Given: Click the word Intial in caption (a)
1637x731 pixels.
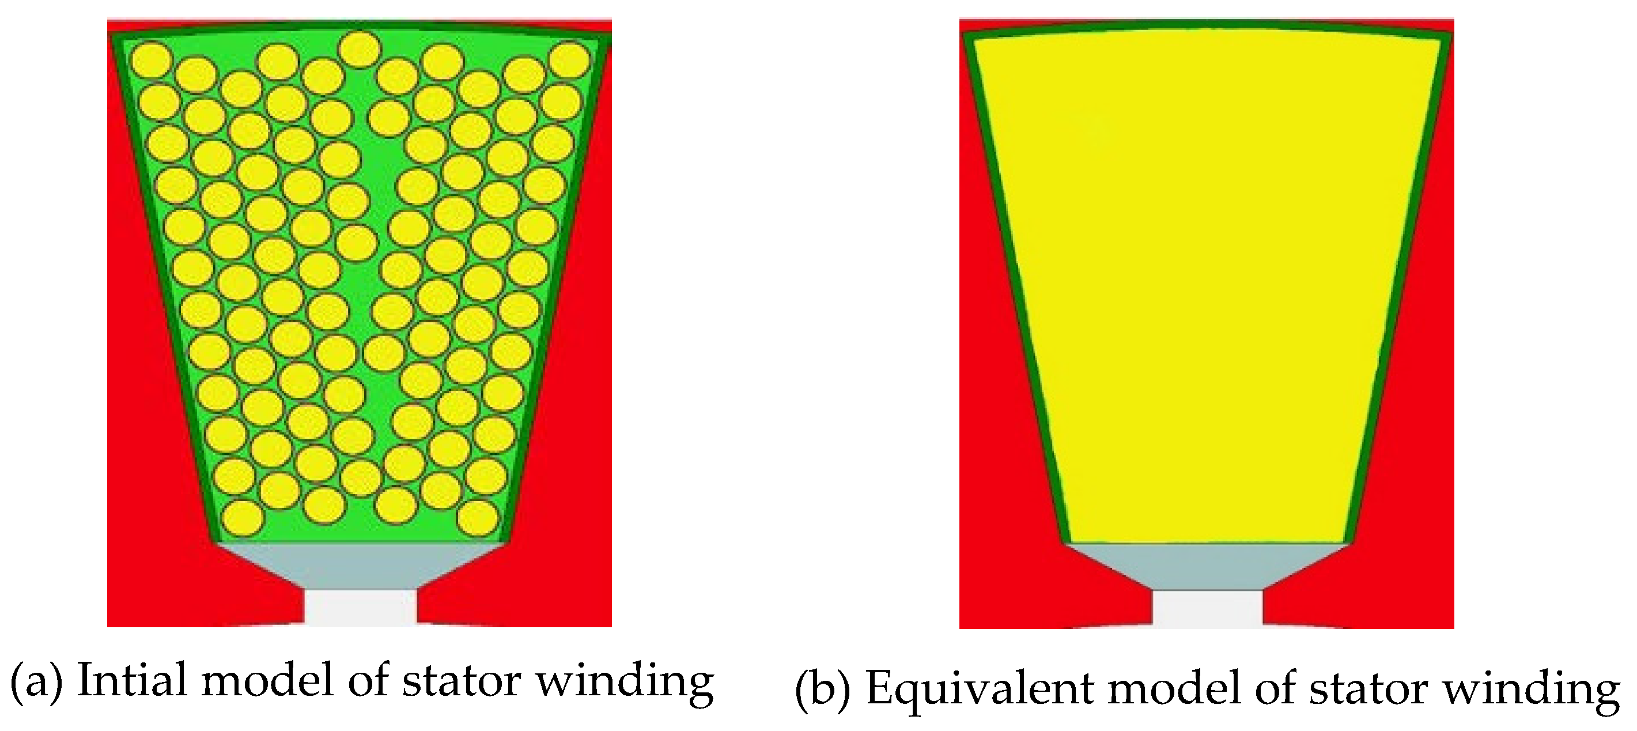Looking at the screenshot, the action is [132, 680].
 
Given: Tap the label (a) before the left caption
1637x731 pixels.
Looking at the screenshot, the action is [37, 681].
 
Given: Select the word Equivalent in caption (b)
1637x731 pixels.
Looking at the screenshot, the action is [978, 688].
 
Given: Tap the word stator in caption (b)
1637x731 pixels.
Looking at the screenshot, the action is [1368, 688].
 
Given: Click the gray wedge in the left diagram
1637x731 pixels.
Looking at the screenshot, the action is [360, 565].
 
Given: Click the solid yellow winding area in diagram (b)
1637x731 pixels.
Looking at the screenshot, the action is [1207, 286].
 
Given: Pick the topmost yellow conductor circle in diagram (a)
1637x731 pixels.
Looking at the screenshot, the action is [360, 49].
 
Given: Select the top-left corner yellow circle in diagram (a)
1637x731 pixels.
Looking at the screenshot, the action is [151, 61].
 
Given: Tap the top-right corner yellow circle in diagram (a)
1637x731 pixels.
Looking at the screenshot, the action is [569, 61].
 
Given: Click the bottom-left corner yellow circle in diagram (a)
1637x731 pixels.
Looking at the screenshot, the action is [243, 518].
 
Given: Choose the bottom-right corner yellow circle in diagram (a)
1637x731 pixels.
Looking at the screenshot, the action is [477, 518].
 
